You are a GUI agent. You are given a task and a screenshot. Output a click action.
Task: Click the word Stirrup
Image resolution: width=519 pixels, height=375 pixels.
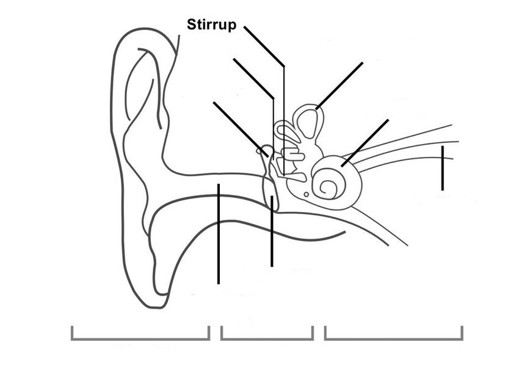[211, 25]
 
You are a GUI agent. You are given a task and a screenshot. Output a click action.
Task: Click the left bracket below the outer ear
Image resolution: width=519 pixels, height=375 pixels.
[140, 333]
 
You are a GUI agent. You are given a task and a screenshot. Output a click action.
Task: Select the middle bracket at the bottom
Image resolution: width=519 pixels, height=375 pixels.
[267, 333]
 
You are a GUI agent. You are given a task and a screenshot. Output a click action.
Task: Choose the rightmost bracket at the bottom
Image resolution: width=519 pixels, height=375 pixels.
[393, 333]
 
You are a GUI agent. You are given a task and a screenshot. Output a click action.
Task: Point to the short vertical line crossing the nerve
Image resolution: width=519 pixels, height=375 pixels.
[442, 168]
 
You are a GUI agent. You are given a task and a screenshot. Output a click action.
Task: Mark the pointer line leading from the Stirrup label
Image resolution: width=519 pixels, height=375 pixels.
[264, 45]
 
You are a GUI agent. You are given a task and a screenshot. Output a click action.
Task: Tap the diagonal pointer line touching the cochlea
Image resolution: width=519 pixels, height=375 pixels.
[365, 142]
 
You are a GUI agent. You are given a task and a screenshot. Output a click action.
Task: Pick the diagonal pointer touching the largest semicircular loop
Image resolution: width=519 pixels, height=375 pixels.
[339, 86]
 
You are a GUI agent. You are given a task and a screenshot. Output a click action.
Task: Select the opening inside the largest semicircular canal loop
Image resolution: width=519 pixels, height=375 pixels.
[309, 123]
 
